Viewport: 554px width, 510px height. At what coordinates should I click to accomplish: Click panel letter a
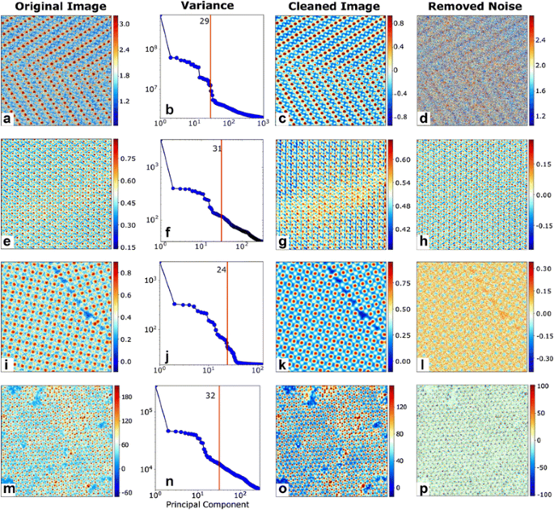[8, 119]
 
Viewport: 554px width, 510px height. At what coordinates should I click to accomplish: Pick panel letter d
[423, 119]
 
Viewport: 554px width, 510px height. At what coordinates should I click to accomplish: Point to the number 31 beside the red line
[214, 146]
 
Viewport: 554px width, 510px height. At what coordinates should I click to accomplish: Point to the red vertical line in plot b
[210, 73]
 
